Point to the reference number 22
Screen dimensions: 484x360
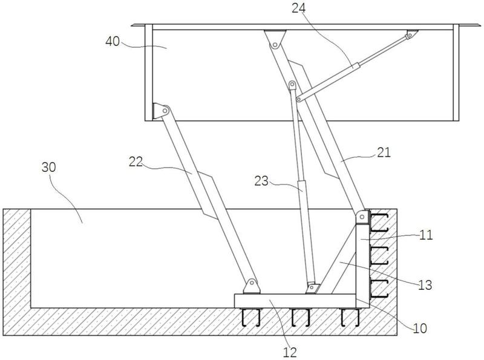click(x=137, y=162)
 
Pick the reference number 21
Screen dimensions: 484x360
click(x=384, y=154)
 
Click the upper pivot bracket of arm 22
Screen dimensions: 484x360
click(x=162, y=111)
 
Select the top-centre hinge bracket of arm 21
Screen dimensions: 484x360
click(x=273, y=39)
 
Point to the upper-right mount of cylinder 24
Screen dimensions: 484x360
click(x=411, y=35)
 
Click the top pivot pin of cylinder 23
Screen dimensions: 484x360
click(x=293, y=84)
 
